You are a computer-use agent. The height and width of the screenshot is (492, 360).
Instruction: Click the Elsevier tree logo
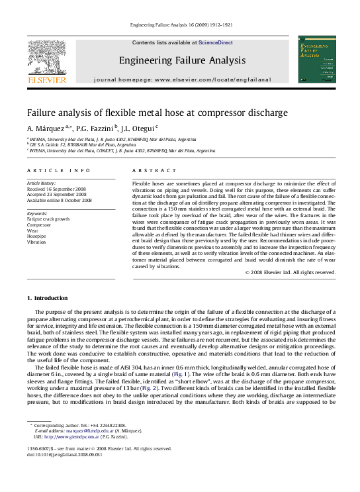click(x=47, y=58)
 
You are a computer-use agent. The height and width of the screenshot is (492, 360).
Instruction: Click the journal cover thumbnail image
click(x=317, y=60)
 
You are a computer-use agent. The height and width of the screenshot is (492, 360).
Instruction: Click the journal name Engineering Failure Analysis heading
click(x=182, y=60)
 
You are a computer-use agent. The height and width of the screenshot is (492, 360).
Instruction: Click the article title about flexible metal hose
click(x=157, y=113)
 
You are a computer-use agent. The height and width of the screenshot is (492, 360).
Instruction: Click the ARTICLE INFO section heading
click(x=49, y=171)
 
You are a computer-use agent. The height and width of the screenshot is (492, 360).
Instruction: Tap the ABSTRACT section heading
click(x=155, y=171)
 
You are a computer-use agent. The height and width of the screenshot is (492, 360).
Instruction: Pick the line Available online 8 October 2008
click(x=59, y=201)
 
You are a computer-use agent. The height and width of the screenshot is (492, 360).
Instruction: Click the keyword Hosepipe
click(x=37, y=236)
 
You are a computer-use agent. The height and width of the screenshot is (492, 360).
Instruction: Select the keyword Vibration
click(x=36, y=242)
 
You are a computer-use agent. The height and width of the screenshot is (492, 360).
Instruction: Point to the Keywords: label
click(x=37, y=213)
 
